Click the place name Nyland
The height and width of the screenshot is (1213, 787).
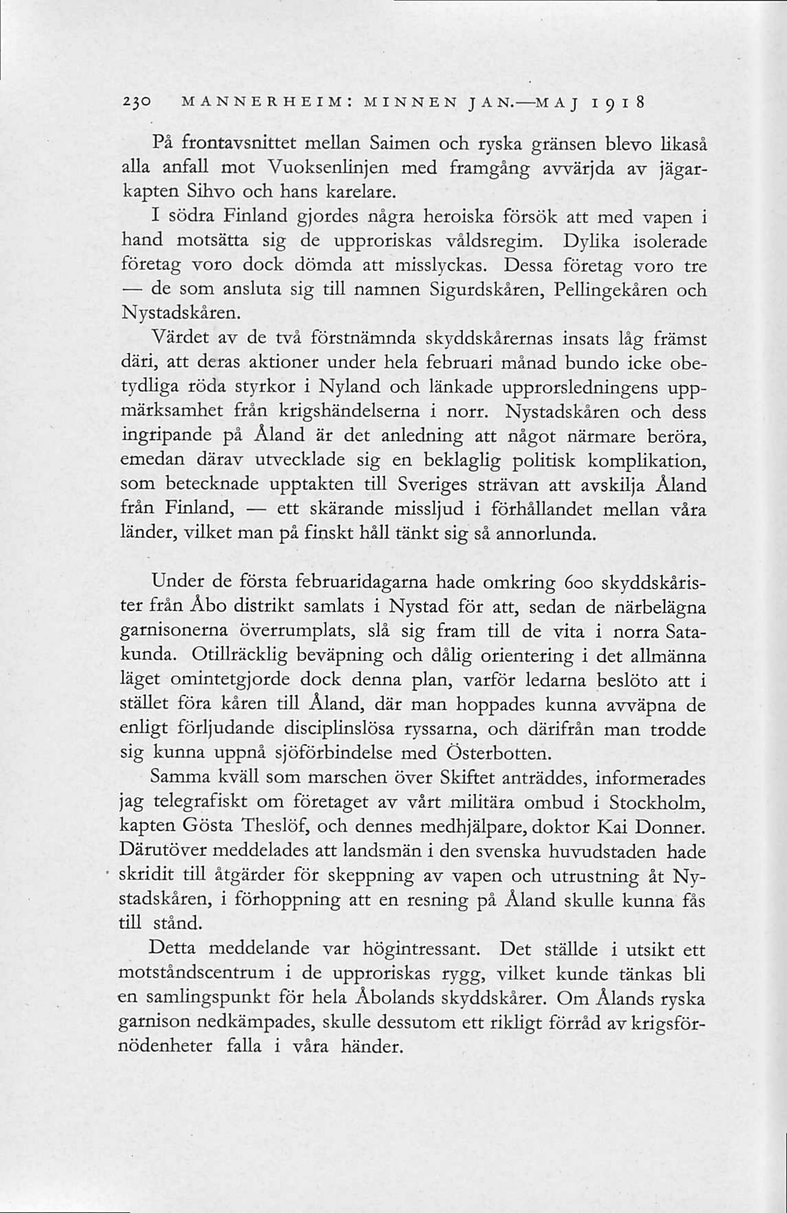(x=346, y=387)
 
